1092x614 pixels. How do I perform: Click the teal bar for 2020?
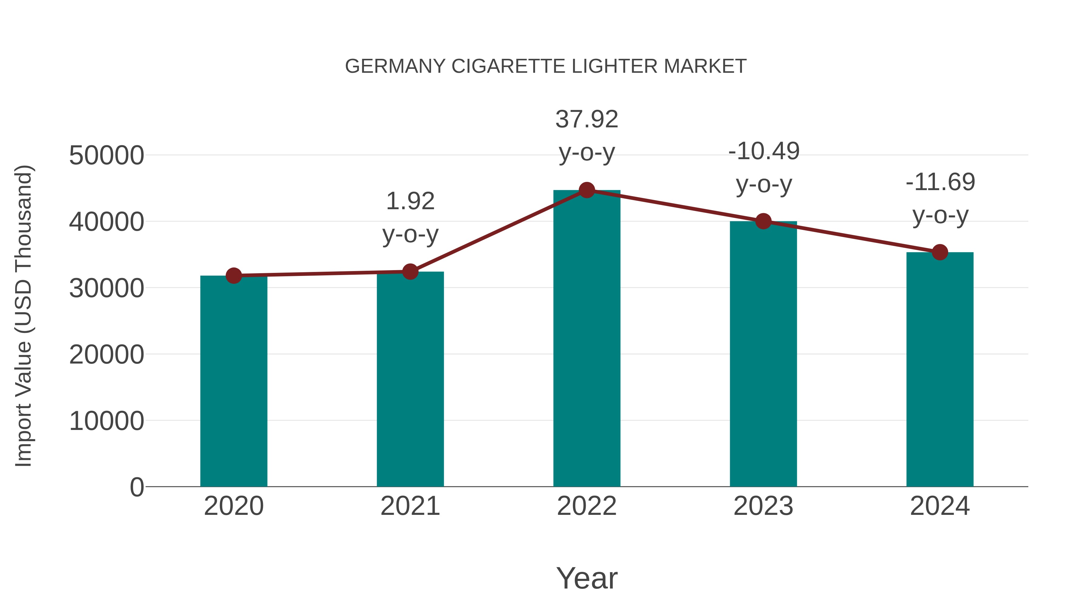[234, 381]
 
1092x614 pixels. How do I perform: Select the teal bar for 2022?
[587, 339]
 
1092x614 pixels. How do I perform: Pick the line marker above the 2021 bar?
[410, 272]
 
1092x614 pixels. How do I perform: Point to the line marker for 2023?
[763, 221]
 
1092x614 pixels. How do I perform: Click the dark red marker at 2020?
[234, 276]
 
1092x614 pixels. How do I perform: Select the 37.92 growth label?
[587, 119]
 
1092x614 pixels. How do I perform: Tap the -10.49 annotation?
[764, 151]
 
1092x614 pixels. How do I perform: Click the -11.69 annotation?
[940, 182]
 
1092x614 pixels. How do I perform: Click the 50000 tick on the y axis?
[106, 156]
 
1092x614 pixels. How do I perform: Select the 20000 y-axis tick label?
[106, 355]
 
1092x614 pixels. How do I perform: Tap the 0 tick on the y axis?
[136, 487]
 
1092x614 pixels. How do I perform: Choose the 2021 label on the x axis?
[410, 506]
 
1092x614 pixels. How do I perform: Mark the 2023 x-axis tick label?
[763, 506]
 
